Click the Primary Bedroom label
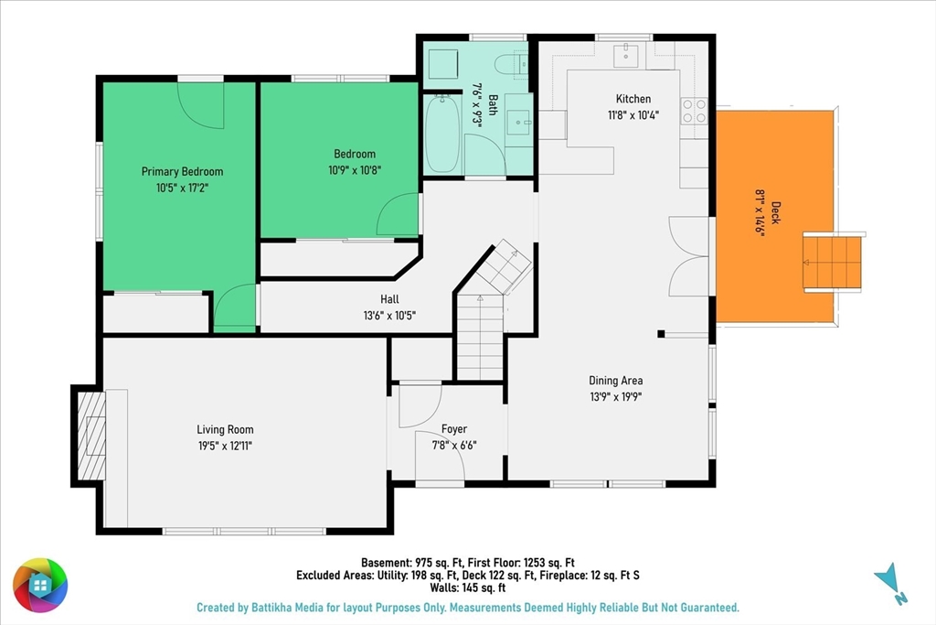coord(182,171)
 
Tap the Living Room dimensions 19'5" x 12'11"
coord(225,445)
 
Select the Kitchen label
coord(633,99)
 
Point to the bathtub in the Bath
coord(443,134)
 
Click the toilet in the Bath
coord(512,64)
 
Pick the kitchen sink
coord(625,56)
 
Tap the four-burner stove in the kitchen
coord(695,111)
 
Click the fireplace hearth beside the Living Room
coord(92,436)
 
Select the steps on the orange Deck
coord(832,262)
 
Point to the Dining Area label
coord(615,381)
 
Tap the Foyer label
coord(454,429)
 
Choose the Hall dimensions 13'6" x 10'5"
coord(389,315)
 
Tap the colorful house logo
coord(40,586)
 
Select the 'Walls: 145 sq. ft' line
coord(468,588)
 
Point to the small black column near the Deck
coord(661,334)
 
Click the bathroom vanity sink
coord(519,123)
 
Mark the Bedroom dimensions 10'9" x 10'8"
coord(355,170)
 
